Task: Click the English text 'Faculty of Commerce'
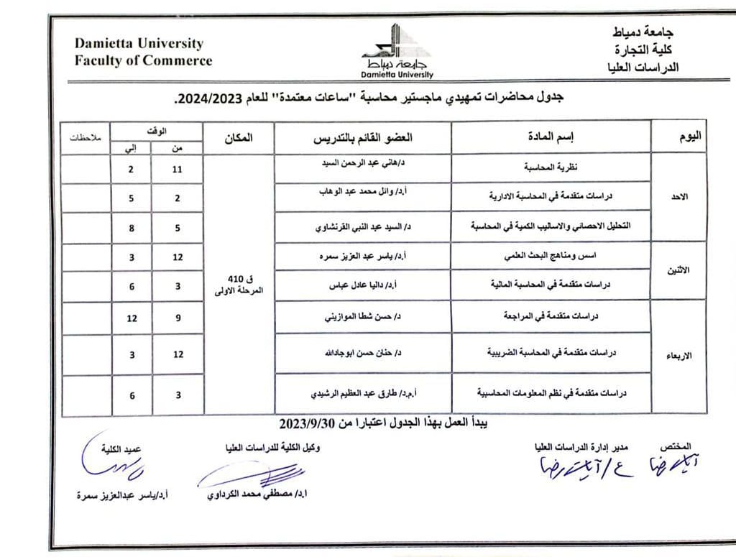pyautogui.click(x=144, y=60)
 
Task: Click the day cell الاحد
pyautogui.click(x=679, y=196)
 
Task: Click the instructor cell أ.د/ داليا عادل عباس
pyautogui.click(x=364, y=285)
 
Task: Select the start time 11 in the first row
pyautogui.click(x=178, y=170)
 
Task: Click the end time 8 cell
pyautogui.click(x=132, y=229)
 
